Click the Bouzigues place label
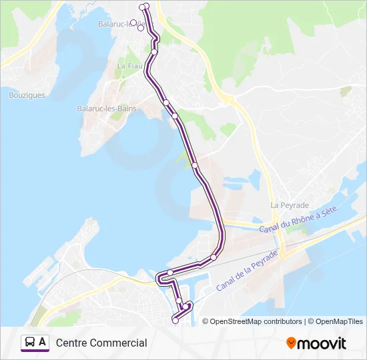(x=27, y=95)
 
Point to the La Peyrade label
(x=290, y=205)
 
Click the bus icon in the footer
(x=29, y=342)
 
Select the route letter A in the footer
(x=43, y=342)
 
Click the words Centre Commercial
(x=101, y=343)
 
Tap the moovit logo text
(x=322, y=343)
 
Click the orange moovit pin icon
(x=291, y=343)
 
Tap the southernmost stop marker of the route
(x=175, y=321)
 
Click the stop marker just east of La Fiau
(x=154, y=51)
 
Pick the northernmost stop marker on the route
(x=146, y=5)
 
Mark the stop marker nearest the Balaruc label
(x=133, y=23)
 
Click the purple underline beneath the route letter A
(x=35, y=351)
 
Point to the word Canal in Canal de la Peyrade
(x=224, y=285)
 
